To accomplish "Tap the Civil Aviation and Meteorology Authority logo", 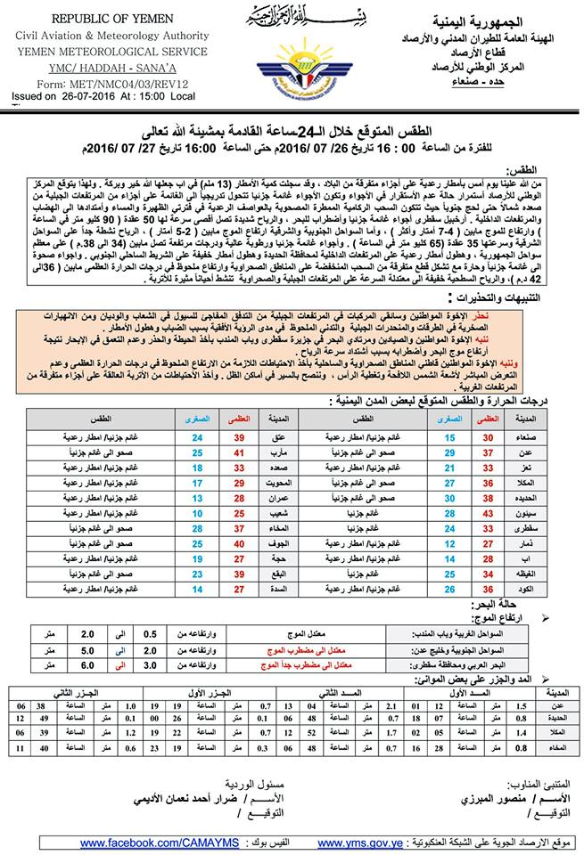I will [x=293, y=68].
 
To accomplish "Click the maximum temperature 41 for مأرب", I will [x=239, y=453].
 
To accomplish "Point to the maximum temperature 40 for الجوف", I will [x=239, y=544].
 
